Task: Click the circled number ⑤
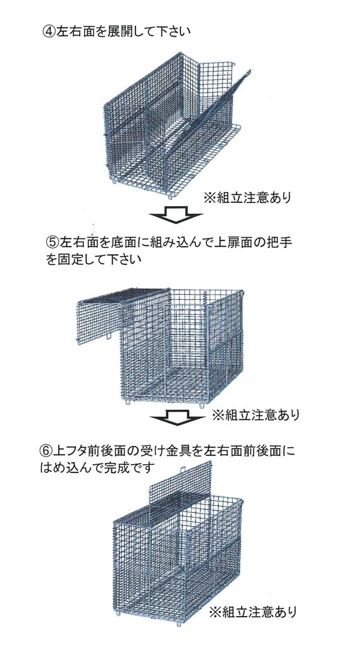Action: [x=53, y=242]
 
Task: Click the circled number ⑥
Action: [x=46, y=451]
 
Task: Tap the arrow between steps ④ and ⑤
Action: [x=176, y=214]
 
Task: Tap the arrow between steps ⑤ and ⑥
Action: [x=177, y=417]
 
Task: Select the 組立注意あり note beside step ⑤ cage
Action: [x=256, y=415]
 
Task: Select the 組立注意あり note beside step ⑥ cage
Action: [x=252, y=612]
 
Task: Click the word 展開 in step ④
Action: [x=118, y=32]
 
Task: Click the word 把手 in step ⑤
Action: [x=280, y=242]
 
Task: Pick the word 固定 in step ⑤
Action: [x=71, y=259]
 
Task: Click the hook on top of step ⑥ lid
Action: [x=182, y=469]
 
